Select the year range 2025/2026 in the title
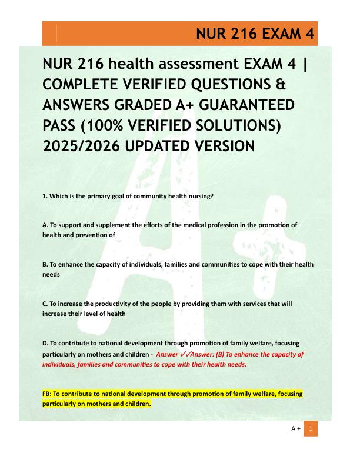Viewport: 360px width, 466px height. click(78, 145)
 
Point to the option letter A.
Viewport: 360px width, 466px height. click(45, 225)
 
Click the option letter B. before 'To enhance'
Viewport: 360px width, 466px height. click(45, 265)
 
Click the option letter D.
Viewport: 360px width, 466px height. click(45, 344)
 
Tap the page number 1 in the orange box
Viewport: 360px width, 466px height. click(310, 430)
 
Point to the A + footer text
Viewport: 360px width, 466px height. click(296, 430)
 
